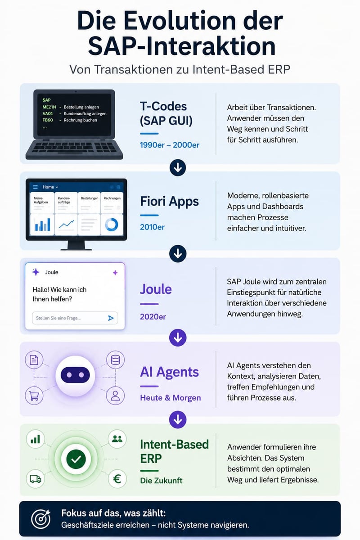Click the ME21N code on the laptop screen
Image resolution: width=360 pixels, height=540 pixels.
coord(49,107)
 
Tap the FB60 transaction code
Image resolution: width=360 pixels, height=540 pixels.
coord(48,120)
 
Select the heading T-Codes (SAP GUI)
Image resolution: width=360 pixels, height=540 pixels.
coord(166,113)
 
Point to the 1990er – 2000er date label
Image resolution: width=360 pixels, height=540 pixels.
coord(170,145)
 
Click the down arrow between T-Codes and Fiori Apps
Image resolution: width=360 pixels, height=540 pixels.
coord(178,168)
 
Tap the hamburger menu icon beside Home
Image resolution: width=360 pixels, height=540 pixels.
coord(36,187)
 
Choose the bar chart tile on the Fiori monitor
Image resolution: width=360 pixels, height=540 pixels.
coord(42,225)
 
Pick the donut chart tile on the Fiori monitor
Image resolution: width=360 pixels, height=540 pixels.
coord(112,225)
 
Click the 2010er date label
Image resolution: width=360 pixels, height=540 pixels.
coord(153,227)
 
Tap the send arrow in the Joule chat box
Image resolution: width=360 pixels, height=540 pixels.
coord(111,318)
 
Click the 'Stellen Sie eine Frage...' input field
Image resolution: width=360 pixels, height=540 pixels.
coord(75,318)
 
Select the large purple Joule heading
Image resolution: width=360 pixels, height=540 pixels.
coord(156,289)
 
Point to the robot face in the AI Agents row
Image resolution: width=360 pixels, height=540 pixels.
coord(75,375)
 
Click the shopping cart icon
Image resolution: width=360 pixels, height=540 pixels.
coord(34,396)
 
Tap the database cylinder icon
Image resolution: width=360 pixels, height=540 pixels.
coord(115,360)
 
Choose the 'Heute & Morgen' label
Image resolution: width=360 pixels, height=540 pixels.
coord(171,398)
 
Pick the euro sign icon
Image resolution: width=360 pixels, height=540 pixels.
coord(117,479)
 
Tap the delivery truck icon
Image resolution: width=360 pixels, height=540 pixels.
coord(36,479)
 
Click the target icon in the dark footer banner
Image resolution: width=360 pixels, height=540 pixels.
coord(41,519)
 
